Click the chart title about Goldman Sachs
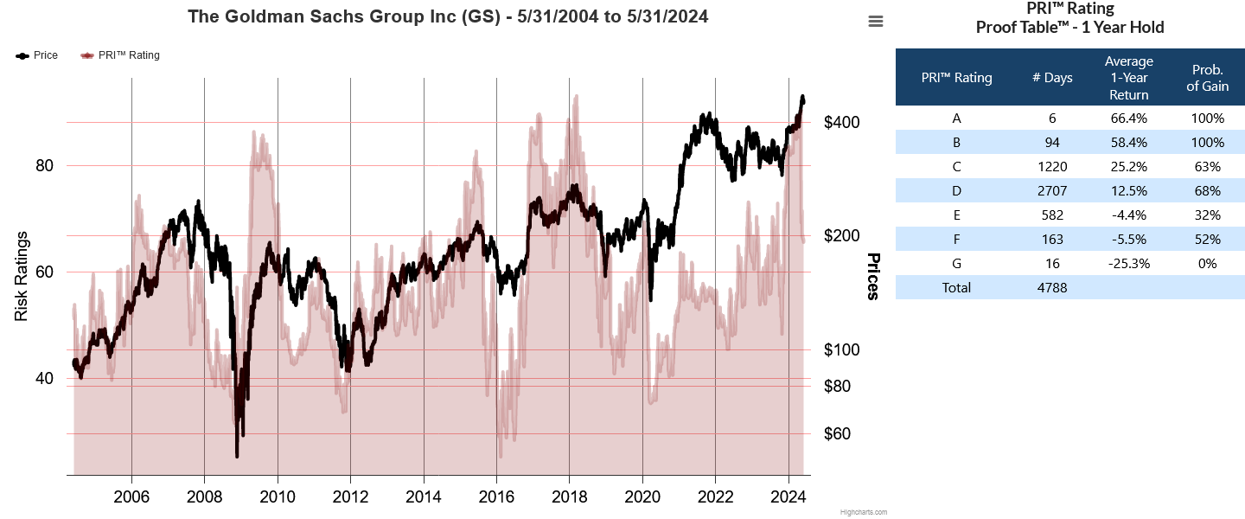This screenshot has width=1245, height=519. [448, 16]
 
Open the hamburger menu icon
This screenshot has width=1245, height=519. [876, 22]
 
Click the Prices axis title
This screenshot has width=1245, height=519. [873, 277]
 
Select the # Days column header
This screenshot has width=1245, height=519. [1052, 78]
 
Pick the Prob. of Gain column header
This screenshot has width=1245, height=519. [1208, 78]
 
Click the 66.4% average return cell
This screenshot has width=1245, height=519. [1129, 119]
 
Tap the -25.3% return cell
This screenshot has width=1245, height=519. [1129, 264]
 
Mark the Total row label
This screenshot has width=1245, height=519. [956, 288]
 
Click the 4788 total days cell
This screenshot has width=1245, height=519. [1052, 288]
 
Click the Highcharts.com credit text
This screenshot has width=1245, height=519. [863, 512]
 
